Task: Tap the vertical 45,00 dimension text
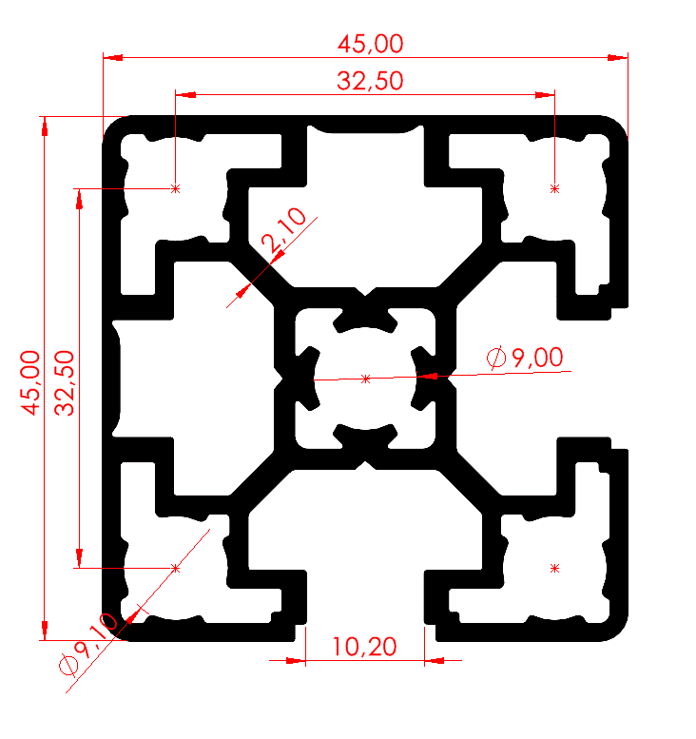pos(30,381)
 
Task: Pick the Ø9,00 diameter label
pos(525,359)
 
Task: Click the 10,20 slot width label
pos(364,648)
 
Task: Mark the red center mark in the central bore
pos(366,379)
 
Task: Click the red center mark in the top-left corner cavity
pos(175,189)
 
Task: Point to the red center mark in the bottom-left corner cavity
pos(175,568)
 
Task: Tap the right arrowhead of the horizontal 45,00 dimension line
pos(619,58)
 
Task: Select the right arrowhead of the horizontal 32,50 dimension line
pos(546,95)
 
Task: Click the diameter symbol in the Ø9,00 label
pos(496,359)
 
